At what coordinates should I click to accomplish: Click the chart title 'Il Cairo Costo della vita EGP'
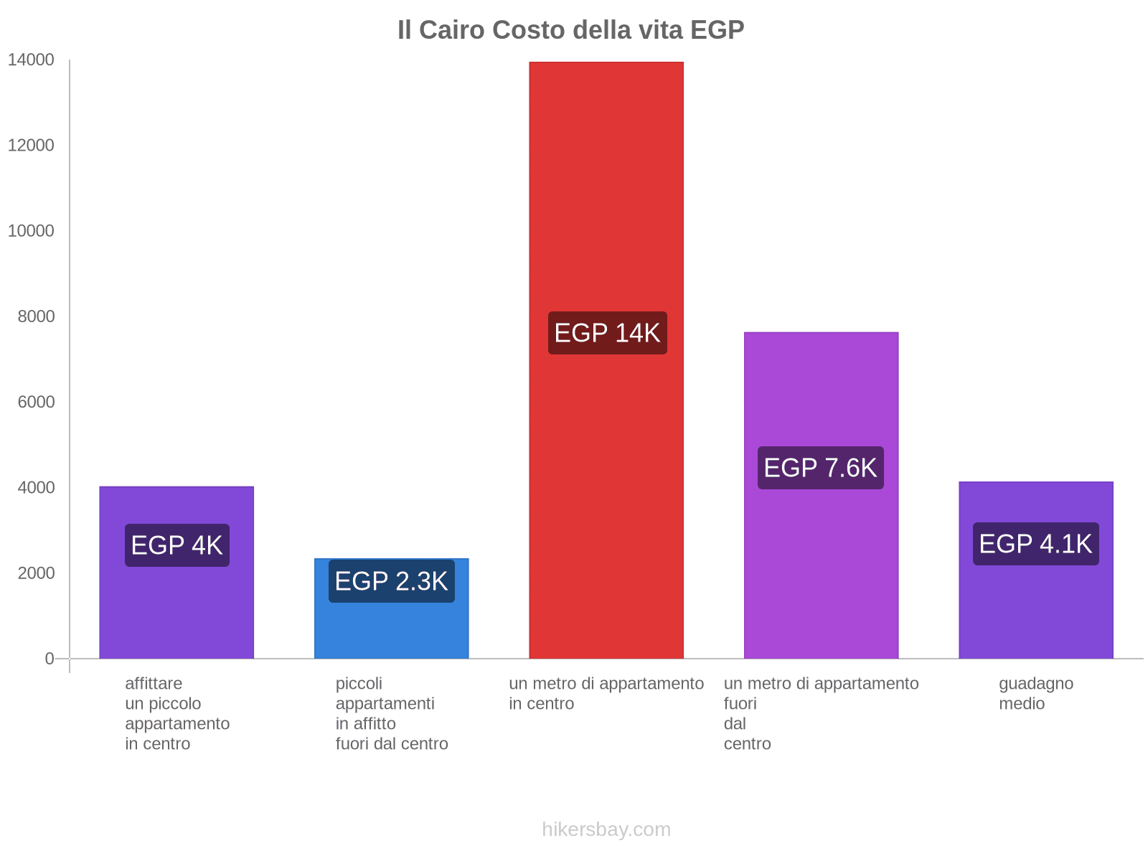(x=570, y=30)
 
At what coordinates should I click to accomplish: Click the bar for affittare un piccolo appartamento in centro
(x=177, y=610)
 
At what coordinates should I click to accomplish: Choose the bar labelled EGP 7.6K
(x=821, y=574)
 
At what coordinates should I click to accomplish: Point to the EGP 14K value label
(x=607, y=333)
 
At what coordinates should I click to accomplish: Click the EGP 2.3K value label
(x=391, y=581)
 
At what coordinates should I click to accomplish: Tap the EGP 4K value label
(x=177, y=545)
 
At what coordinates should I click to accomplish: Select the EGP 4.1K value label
(x=1035, y=544)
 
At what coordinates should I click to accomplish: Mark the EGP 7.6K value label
(x=820, y=468)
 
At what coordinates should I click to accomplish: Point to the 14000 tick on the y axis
(x=31, y=60)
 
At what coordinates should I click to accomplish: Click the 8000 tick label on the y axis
(x=36, y=316)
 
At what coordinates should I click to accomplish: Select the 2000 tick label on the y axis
(x=36, y=573)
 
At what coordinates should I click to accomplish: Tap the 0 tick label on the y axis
(x=50, y=659)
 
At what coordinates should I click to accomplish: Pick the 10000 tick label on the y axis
(x=31, y=231)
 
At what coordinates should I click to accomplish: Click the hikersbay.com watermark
(x=606, y=829)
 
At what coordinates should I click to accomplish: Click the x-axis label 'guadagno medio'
(x=1035, y=693)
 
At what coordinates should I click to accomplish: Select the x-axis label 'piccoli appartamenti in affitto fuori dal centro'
(x=391, y=713)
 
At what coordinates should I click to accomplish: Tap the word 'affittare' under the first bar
(x=154, y=684)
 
